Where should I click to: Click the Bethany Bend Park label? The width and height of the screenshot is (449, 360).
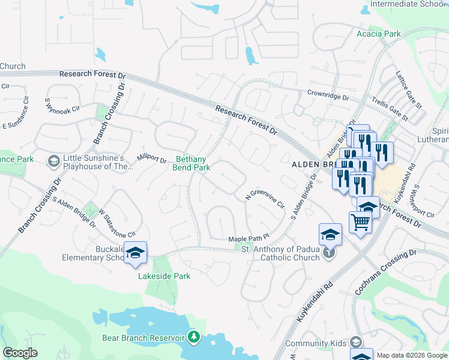(x=193, y=163)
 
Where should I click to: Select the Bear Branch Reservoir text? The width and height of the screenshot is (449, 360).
(x=143, y=338)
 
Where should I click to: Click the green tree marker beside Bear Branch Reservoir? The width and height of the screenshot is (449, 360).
(x=194, y=337)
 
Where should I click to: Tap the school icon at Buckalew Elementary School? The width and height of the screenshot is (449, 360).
(x=135, y=253)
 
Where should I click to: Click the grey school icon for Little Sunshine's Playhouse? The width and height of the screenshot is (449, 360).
(x=53, y=161)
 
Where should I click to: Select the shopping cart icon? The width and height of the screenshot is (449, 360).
(x=360, y=222)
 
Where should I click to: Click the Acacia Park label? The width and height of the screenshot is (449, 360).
(x=378, y=34)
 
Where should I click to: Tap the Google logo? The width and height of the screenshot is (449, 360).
(x=20, y=353)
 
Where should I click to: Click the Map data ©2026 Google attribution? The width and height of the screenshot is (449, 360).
(x=412, y=355)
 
